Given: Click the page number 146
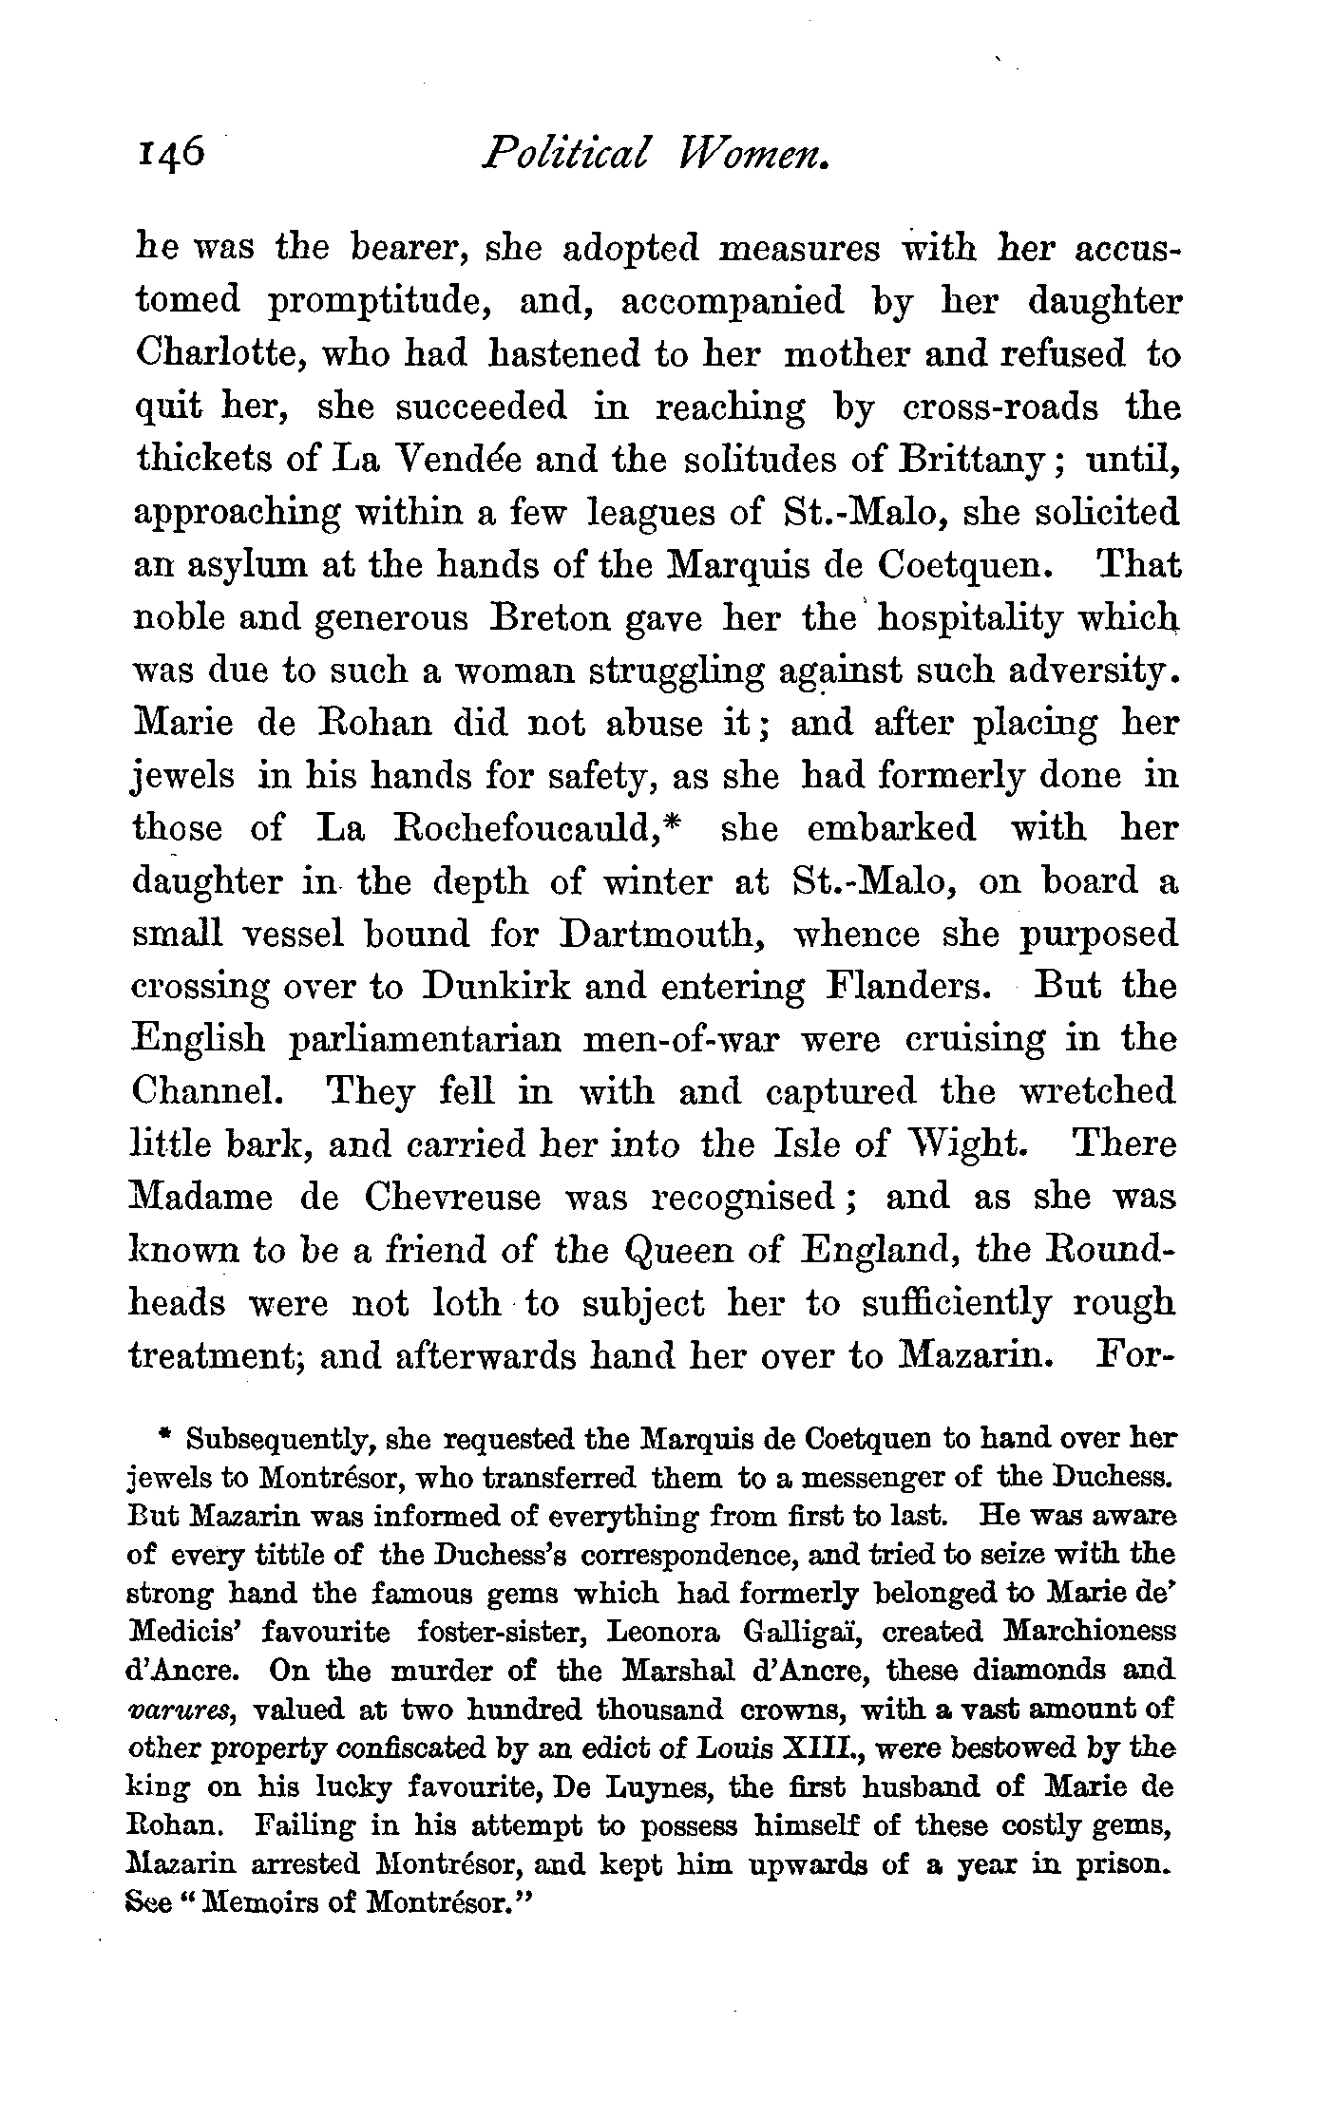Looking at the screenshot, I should click(165, 150).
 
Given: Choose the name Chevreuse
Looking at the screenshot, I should click(451, 1198).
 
